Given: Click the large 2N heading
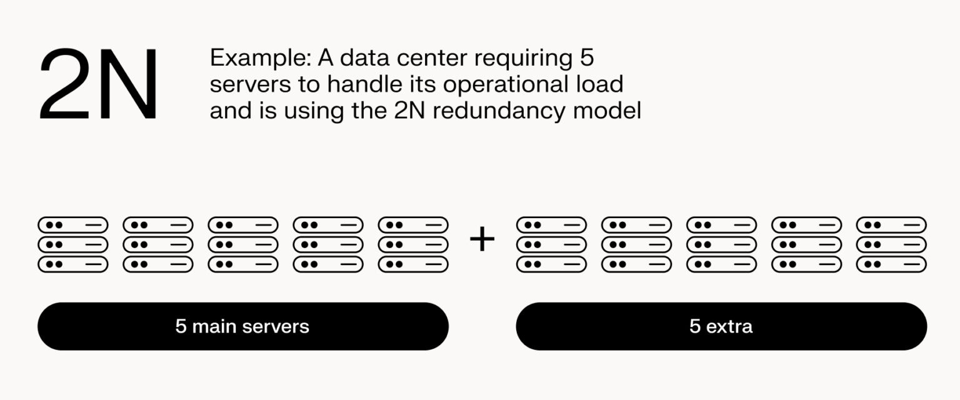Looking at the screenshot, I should [99, 85].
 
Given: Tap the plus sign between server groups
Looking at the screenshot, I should [482, 239].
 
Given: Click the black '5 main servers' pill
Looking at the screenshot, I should [243, 326].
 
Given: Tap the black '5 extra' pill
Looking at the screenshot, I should [721, 326].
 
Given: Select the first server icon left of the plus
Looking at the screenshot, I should [73, 244].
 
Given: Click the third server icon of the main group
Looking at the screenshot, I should [243, 244].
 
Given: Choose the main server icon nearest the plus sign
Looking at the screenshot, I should [413, 244].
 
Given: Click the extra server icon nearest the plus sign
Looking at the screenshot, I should [551, 244].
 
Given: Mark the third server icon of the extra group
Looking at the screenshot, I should [721, 244].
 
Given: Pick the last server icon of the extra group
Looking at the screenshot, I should [891, 244].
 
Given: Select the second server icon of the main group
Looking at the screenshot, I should [158, 244].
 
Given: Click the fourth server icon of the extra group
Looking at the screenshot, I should [806, 244].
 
